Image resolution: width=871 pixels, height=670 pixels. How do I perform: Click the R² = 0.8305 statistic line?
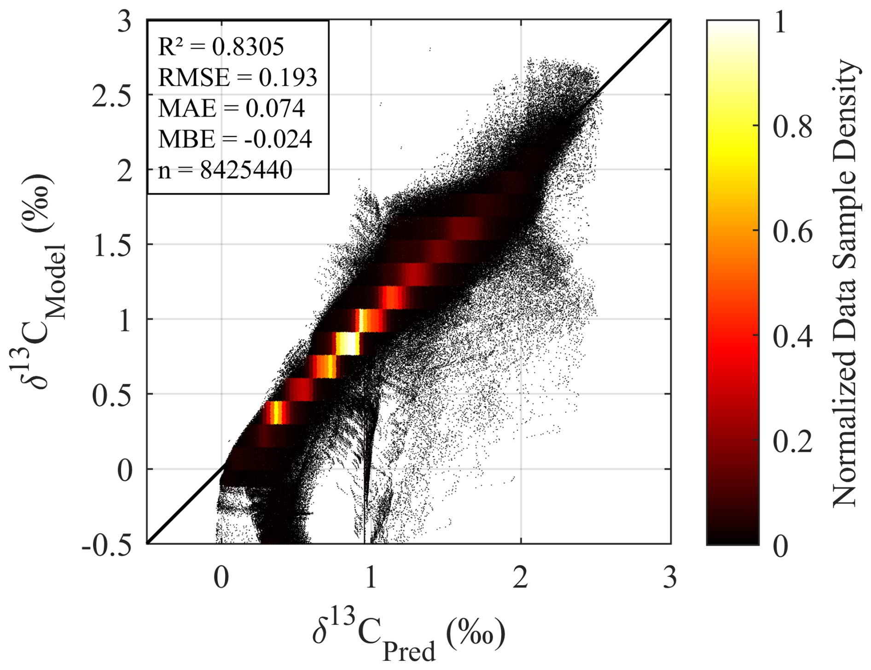coord(221,47)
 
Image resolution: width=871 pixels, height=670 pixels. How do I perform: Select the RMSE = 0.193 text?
coord(238,77)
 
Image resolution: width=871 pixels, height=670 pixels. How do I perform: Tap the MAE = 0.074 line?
coord(231,108)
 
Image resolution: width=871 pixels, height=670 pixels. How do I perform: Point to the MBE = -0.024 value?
coord(235,139)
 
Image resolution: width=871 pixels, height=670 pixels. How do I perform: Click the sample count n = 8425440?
coord(225,170)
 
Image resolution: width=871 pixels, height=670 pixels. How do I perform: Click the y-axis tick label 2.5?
coord(112,96)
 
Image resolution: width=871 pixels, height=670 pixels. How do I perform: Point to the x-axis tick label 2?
coord(520,577)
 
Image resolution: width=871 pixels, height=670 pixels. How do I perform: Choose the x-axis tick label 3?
coord(670,577)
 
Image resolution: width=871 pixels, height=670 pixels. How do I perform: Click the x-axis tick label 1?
coord(371,577)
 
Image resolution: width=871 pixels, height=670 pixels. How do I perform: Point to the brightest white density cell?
coord(348,343)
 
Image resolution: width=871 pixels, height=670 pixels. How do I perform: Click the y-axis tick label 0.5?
coord(112,395)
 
